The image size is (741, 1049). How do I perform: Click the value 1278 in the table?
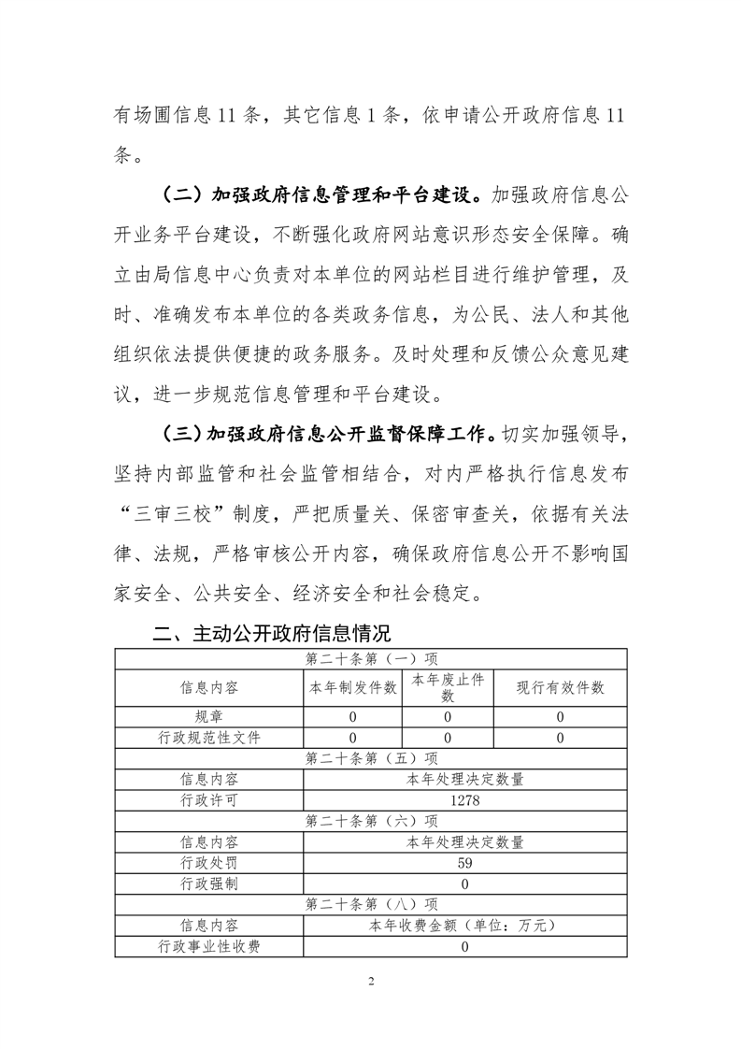(464, 800)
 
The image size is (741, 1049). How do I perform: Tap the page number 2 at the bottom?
(371, 982)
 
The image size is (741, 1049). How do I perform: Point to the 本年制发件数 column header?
(353, 688)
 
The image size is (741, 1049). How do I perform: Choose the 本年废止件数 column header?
(448, 688)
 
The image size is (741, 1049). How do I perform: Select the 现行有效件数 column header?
(560, 688)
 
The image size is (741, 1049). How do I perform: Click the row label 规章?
(209, 717)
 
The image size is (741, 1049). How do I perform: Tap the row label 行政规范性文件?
(209, 738)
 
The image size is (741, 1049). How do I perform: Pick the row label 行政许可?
(209, 800)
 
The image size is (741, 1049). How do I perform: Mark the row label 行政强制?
(209, 884)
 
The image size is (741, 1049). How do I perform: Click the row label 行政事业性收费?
(209, 946)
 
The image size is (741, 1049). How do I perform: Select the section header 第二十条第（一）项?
(371, 659)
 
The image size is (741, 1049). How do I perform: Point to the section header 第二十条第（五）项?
(371, 758)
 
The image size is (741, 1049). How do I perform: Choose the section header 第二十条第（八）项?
(371, 904)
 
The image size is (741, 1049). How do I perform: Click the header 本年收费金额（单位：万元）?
(464, 926)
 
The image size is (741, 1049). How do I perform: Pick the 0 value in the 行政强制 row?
(464, 884)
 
